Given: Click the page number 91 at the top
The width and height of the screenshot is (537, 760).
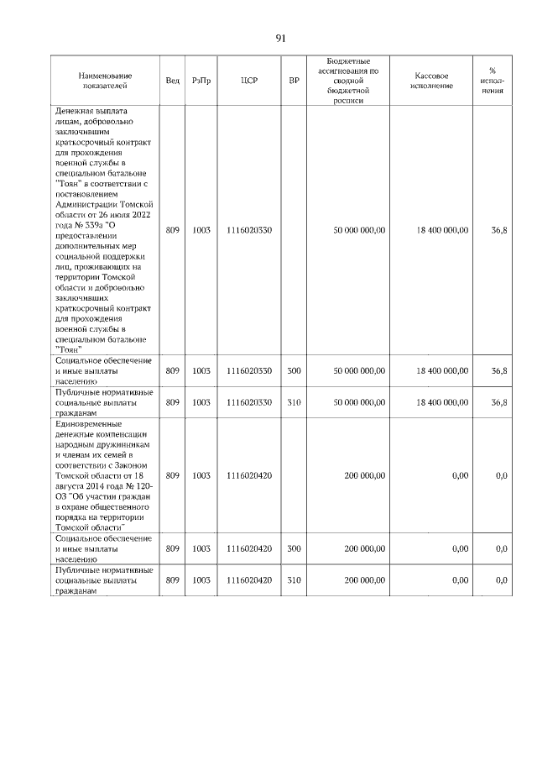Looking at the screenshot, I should [x=281, y=38].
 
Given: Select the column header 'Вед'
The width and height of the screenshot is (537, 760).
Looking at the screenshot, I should [x=172, y=81].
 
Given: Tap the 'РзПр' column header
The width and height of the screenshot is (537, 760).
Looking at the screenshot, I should [x=201, y=81].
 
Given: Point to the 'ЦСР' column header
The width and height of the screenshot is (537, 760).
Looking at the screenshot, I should [x=248, y=81].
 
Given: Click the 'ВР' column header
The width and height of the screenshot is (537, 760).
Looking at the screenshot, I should [x=294, y=81].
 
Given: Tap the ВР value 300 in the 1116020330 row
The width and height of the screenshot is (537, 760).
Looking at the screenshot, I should [x=294, y=370].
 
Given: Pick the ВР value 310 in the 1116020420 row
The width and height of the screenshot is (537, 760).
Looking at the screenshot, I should [x=294, y=580].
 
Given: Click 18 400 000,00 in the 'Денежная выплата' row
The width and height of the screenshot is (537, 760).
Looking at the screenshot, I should [x=436, y=230].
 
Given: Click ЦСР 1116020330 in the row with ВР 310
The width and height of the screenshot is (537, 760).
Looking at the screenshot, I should [x=248, y=402].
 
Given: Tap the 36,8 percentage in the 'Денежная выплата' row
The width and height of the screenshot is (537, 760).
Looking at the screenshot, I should [x=498, y=230].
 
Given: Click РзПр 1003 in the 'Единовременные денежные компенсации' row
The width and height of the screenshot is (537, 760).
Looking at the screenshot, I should [x=201, y=475].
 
